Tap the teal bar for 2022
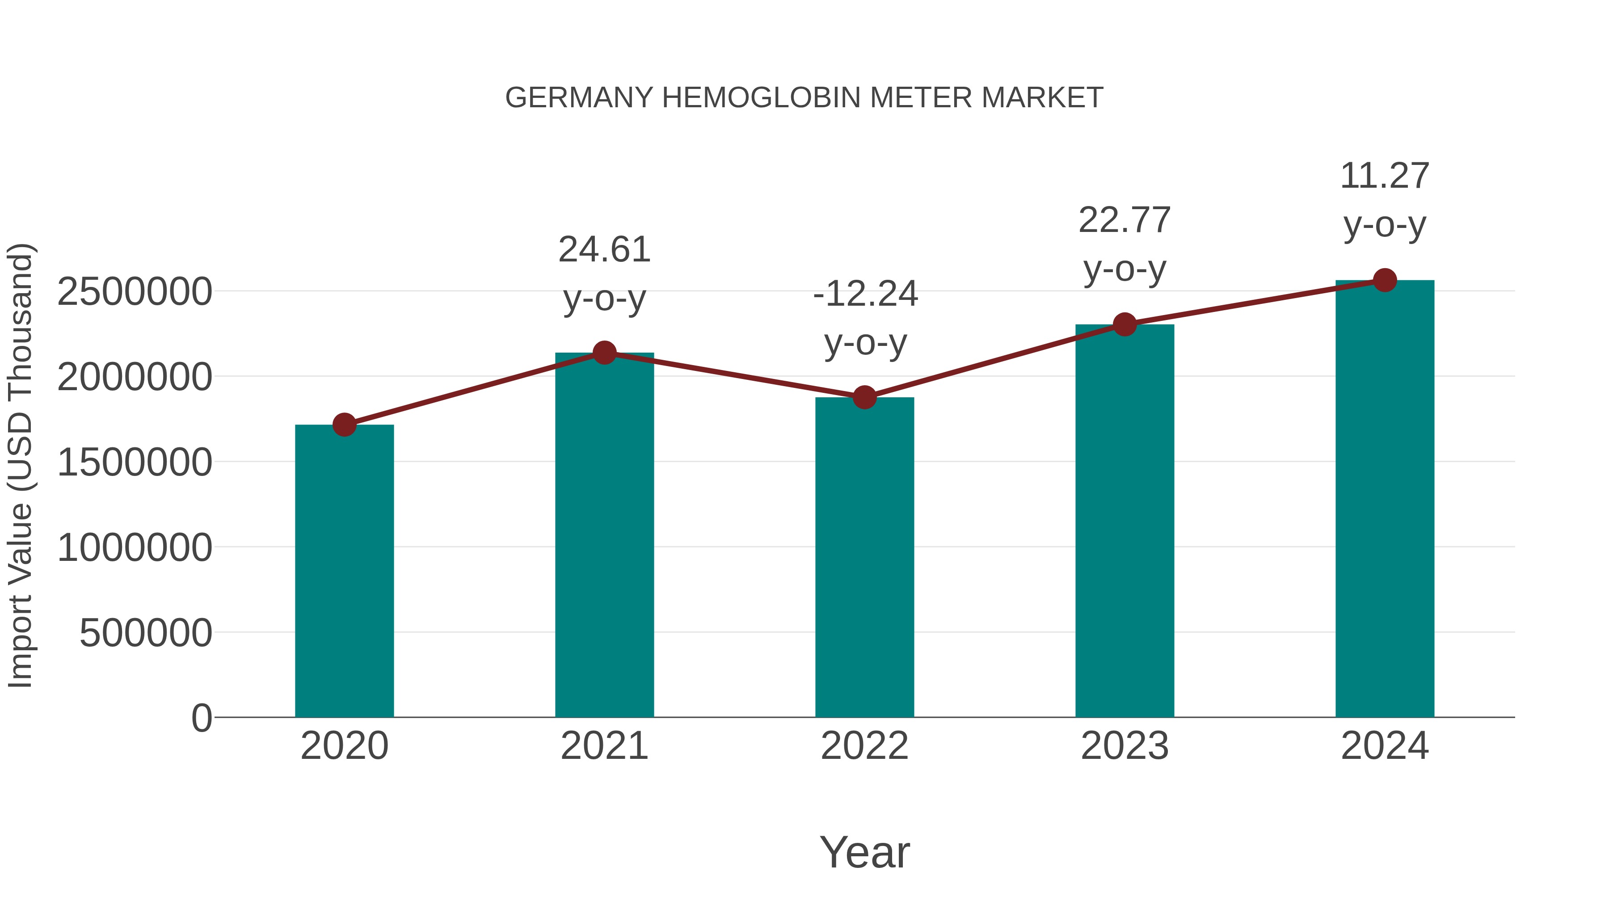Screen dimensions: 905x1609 point(864,557)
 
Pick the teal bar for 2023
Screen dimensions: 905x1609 point(1125,521)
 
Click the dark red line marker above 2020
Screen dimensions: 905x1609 point(344,425)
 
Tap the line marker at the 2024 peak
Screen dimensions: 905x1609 point(1385,280)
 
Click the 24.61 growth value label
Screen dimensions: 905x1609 point(604,250)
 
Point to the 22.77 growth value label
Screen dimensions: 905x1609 point(1125,220)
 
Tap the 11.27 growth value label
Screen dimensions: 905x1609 point(1385,176)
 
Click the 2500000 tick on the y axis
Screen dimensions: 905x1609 point(134,292)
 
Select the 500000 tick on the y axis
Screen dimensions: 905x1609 point(146,633)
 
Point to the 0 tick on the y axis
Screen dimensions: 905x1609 point(202,718)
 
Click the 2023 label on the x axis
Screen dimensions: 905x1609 point(1125,746)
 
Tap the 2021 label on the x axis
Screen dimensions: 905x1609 point(604,746)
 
